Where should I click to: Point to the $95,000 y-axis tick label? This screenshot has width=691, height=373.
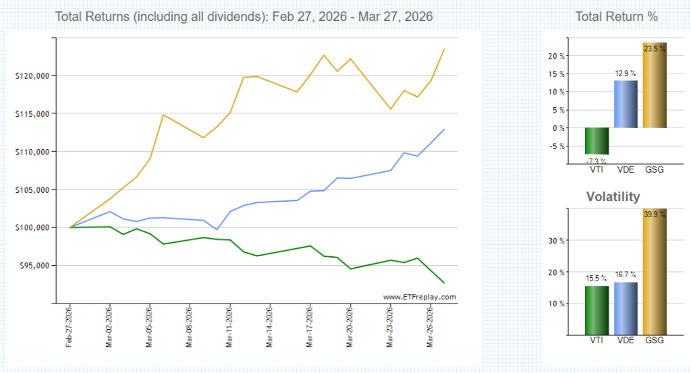[x=31, y=266]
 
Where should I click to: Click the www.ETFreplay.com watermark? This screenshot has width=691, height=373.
[x=419, y=297]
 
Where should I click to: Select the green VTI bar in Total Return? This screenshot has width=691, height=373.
[x=597, y=141]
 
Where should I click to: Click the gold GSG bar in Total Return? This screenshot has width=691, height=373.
[x=654, y=85]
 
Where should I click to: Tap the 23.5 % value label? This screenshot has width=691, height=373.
[x=654, y=49]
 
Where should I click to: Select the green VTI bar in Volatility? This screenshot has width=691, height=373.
[x=597, y=310]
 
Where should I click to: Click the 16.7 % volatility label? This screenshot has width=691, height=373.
[x=626, y=275]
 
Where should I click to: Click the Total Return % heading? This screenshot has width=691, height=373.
[x=616, y=16]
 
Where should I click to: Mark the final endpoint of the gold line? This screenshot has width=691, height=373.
[x=444, y=49]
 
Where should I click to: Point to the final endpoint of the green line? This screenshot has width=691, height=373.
[x=444, y=283]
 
